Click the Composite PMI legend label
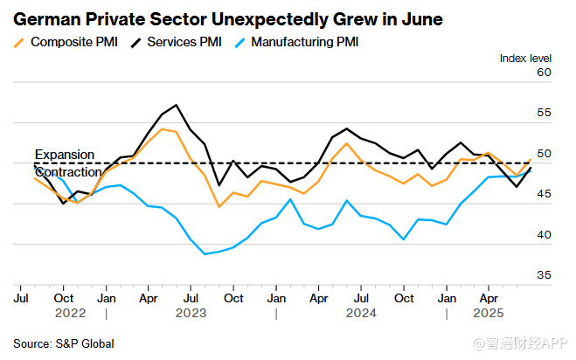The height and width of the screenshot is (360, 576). [x=74, y=41]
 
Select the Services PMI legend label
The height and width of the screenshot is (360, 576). [x=186, y=41]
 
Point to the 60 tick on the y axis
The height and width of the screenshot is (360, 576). [x=544, y=73]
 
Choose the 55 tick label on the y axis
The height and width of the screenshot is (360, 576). [x=544, y=113]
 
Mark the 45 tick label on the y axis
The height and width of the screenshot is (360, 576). [x=544, y=194]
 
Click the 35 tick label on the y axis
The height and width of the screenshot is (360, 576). [x=544, y=275]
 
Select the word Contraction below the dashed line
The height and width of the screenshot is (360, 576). [x=68, y=172]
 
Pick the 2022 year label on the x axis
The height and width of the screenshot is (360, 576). [x=71, y=312]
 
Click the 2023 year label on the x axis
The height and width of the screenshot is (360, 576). [x=191, y=312]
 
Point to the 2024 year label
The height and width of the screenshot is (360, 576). [x=361, y=312]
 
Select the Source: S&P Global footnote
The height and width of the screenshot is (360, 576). [x=64, y=343]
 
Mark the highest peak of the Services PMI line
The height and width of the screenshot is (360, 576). [x=177, y=105]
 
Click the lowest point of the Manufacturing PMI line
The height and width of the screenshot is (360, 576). [x=205, y=253]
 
